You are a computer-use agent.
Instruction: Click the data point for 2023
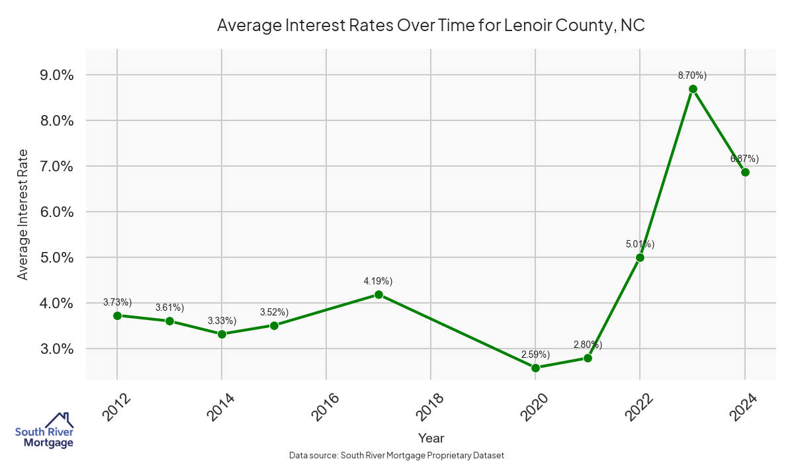pos(693,89)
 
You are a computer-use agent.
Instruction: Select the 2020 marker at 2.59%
pos(535,368)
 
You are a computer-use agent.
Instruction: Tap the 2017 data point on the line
pos(378,294)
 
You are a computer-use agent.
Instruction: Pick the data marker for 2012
pos(117,316)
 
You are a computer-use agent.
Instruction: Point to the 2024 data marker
pos(745,172)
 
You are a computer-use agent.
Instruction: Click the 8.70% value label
pos(692,75)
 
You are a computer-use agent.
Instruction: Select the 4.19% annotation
pos(378,281)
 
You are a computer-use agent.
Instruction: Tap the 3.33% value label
pos(222,321)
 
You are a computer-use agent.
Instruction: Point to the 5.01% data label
pos(640,244)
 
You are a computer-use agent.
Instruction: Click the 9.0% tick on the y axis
pos(57,75)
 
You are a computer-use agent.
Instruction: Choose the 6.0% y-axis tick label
pos(57,212)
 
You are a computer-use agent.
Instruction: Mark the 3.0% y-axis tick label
pos(57,349)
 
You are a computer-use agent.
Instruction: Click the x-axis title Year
pos(431,438)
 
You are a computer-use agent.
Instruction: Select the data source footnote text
pos(397,456)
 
